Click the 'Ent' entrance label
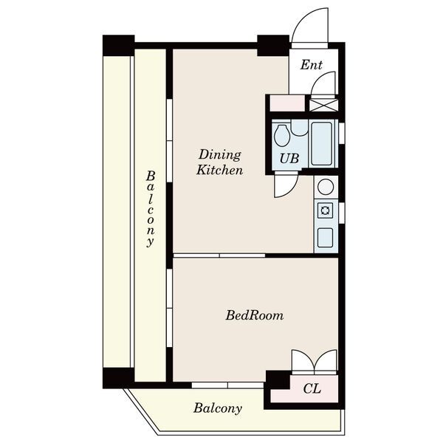311,65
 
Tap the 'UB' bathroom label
289,158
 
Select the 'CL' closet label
312,389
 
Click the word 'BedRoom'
254,315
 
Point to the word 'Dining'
220,155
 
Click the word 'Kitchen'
219,170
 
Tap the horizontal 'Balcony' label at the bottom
218,408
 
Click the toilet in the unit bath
282,136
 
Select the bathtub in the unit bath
321,144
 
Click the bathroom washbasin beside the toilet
299,128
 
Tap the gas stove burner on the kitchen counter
325,210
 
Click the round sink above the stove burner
326,187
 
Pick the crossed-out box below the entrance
323,105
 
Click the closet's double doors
315,362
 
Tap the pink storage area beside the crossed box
287,103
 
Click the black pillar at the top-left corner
118,46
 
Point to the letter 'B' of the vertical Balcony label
151,176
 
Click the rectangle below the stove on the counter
325,238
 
